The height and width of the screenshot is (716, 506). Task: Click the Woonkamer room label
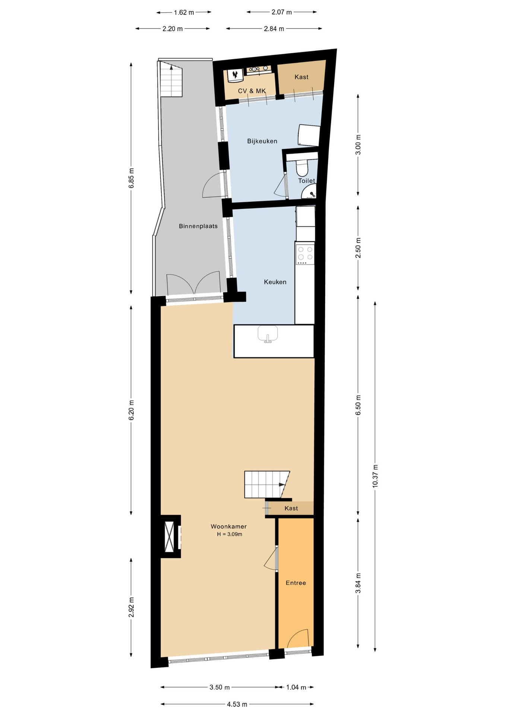point(228,527)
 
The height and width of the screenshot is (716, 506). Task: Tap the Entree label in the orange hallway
point(296,583)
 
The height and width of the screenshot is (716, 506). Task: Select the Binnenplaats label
point(198,226)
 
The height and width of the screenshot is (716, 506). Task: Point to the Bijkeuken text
point(262,141)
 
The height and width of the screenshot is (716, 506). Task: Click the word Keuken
point(275,282)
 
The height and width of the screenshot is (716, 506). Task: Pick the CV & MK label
point(252,91)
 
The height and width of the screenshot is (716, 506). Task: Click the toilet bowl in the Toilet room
point(302,168)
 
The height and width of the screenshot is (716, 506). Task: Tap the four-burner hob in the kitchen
point(305,254)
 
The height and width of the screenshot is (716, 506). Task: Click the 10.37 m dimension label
point(375,476)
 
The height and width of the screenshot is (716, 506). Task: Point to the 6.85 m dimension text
point(131,178)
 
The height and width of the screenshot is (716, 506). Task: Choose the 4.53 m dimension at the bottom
point(237,704)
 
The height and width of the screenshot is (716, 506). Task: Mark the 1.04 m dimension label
point(296,687)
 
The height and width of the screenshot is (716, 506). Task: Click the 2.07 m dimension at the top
point(282,12)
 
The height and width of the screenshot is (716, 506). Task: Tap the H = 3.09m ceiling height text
point(230,534)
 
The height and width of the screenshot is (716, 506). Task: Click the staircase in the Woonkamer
point(267,484)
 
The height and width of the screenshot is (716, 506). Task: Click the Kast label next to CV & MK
point(301,77)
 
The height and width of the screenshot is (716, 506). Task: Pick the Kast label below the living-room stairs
point(291,508)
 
